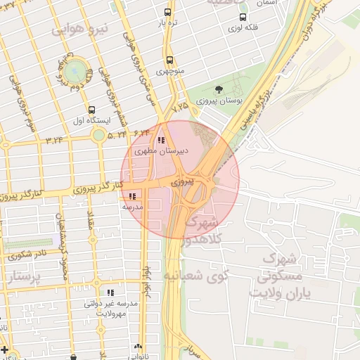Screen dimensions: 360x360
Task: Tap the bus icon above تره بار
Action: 167,12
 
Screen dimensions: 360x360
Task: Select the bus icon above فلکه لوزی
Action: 243,18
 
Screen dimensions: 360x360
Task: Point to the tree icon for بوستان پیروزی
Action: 219,89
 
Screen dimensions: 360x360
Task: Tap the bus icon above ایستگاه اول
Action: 91,110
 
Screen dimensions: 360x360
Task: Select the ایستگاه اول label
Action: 91,121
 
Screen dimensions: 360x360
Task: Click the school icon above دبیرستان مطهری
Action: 162,140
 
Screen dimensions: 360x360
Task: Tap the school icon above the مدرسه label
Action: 133,196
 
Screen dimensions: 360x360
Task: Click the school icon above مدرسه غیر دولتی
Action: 110,292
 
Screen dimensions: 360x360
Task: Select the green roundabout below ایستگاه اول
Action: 99,134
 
